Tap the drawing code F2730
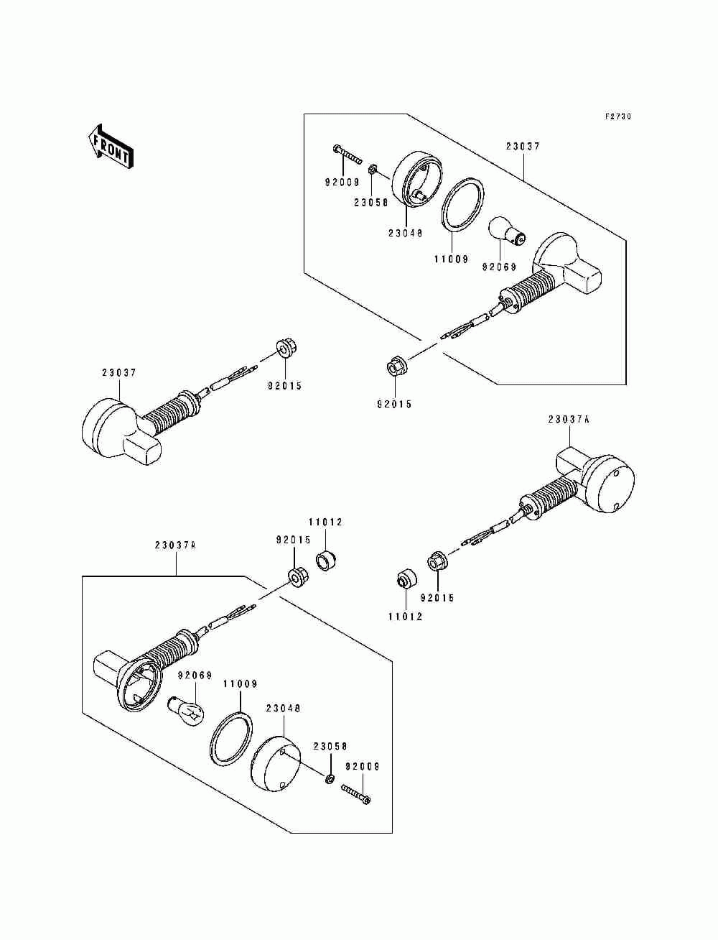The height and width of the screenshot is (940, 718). point(618,116)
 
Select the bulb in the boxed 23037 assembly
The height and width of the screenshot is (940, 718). point(508,231)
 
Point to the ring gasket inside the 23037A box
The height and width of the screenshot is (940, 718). point(231,739)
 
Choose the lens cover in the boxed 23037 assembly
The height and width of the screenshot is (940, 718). point(417,180)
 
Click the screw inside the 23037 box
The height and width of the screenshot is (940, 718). point(347,155)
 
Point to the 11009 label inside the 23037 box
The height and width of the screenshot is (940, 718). point(451,259)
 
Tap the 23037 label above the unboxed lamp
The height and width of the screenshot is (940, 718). point(119,372)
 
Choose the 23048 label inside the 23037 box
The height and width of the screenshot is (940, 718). point(405,234)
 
